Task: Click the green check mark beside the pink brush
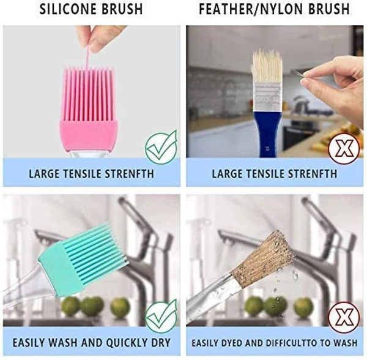click(x=161, y=147)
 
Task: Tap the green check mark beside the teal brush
click(x=161, y=316)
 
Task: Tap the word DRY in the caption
click(x=161, y=343)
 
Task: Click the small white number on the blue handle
click(x=267, y=148)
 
